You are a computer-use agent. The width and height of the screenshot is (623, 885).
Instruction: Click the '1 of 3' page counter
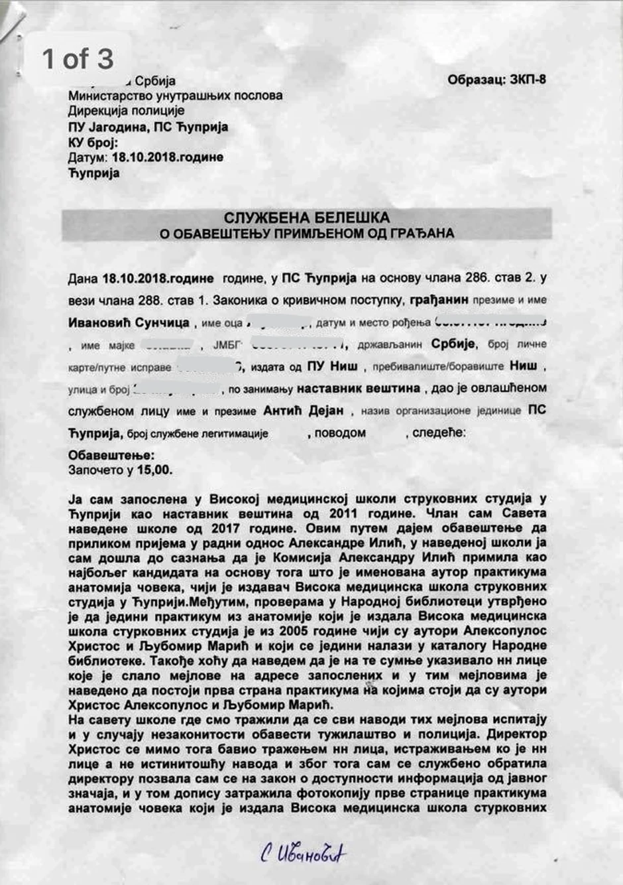(78, 59)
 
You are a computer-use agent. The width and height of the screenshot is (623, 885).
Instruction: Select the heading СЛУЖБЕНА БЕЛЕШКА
(306, 218)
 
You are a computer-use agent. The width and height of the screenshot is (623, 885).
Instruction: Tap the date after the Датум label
(167, 158)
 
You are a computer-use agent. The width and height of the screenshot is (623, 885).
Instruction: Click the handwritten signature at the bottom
(303, 853)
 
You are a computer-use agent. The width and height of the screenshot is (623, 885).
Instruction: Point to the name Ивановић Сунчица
(129, 323)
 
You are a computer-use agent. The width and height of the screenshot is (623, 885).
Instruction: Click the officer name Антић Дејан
(304, 411)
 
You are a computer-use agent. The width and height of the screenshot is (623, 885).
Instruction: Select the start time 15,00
(154, 470)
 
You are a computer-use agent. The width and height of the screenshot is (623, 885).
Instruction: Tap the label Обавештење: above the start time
(111, 456)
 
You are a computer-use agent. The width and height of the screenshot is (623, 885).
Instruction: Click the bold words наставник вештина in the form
(359, 388)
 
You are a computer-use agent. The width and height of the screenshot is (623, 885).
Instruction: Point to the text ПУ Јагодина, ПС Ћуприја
(148, 127)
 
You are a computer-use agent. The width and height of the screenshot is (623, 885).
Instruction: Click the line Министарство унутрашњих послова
(175, 96)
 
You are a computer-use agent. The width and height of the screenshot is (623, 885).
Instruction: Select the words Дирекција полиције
(126, 111)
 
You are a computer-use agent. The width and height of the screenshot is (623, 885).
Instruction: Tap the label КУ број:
(93, 143)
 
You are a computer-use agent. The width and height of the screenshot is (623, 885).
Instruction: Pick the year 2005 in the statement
(303, 631)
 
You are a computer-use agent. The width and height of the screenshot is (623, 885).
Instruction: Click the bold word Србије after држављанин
(453, 344)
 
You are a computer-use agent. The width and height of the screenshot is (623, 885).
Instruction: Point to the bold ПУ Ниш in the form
(333, 366)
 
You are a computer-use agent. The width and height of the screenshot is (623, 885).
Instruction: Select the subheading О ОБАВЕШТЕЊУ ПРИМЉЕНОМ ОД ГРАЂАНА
(307, 234)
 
